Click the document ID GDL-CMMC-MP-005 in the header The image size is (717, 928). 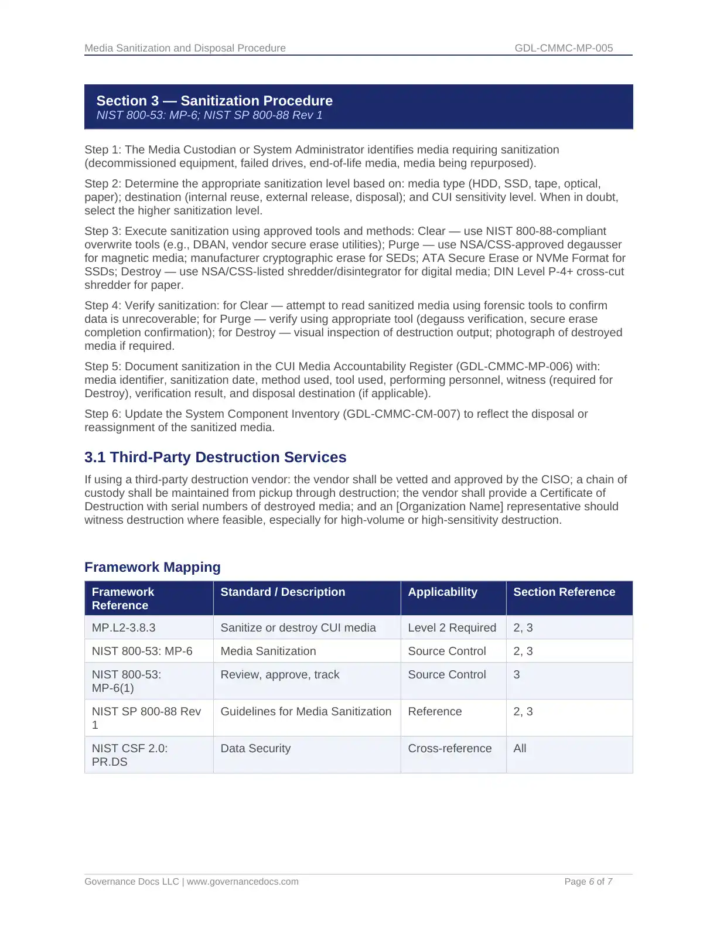pos(564,48)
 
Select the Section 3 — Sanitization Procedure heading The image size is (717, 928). pos(214,101)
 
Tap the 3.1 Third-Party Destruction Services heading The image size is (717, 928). pos(215,457)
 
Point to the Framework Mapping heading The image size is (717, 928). pos(152,567)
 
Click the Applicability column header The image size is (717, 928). pos(442,592)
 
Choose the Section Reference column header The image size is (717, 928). pos(564,592)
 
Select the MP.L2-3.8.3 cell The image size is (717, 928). pos(124,627)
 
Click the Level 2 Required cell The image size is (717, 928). pos(452,627)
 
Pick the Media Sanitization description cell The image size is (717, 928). pos(268,651)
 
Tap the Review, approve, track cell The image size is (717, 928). pos(280,674)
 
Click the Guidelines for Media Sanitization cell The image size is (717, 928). pos(306,711)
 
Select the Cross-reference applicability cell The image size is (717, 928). pos(450,748)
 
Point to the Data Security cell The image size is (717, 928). pos(255,748)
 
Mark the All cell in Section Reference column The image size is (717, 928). pos(520,748)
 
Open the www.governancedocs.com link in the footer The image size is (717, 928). pos(243,881)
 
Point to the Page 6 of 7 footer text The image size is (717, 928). pos(588,881)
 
